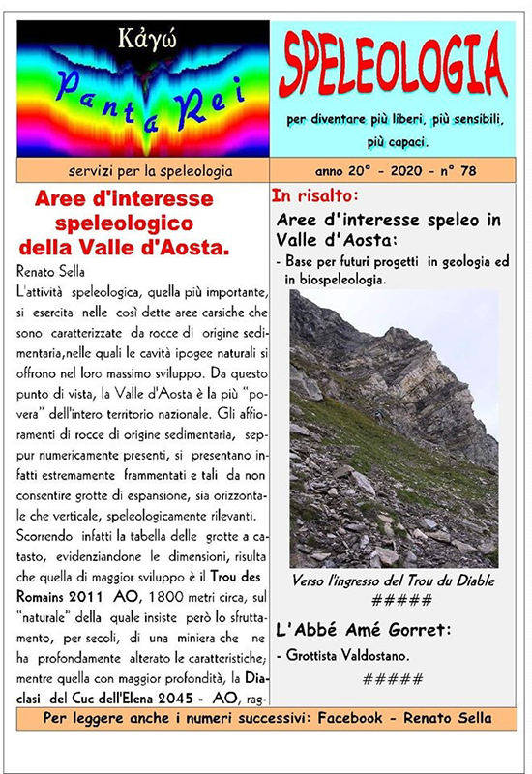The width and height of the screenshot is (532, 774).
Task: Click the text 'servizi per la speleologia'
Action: click(143, 171)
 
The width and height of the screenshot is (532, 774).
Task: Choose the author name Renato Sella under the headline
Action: click(53, 269)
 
